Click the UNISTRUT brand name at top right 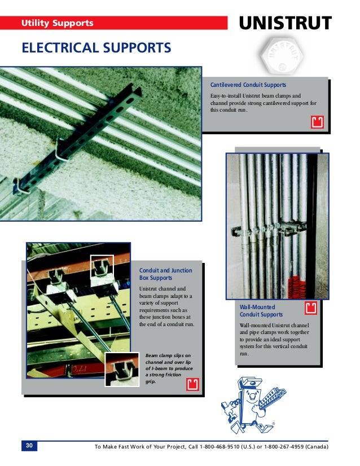286,24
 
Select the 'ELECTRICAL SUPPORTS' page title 96,47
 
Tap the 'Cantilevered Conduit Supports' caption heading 248,85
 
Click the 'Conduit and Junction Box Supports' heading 166,274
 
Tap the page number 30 30,446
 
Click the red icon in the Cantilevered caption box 317,122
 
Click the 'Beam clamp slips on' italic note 168,355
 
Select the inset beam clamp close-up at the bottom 121,368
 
